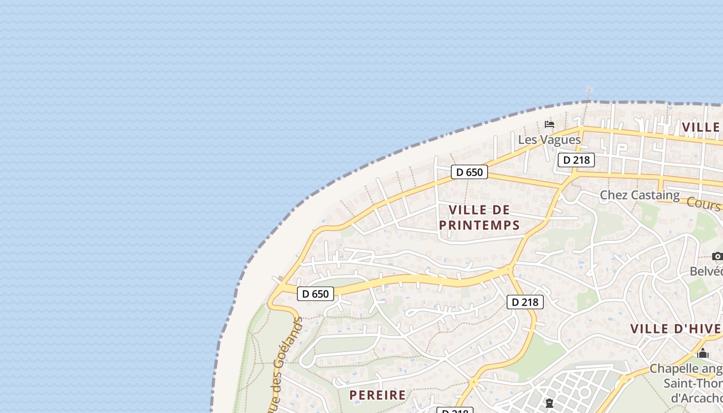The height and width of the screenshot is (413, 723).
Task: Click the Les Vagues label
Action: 549,139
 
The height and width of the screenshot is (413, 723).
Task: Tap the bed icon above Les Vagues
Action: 549,124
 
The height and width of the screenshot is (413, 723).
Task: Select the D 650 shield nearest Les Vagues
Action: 469,172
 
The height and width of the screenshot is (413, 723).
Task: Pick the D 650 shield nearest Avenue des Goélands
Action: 316,294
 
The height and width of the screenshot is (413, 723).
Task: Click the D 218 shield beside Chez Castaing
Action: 576,160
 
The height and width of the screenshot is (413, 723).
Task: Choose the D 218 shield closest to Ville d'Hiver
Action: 525,302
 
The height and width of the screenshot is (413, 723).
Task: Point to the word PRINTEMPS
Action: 479,225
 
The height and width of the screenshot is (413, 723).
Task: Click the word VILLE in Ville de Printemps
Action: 468,210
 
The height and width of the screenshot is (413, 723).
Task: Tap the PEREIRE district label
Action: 378,395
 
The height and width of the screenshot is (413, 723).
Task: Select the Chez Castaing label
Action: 639,195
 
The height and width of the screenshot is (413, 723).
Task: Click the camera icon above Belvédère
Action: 717,256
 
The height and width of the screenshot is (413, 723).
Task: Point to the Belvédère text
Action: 706,271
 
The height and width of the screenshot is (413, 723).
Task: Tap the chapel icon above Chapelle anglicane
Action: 702,354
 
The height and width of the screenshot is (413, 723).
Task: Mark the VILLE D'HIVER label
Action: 675,329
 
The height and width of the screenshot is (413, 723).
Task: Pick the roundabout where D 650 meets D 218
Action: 509,268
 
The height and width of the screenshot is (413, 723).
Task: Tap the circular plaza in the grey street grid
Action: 585,392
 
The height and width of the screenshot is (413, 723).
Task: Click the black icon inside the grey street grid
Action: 549,403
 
